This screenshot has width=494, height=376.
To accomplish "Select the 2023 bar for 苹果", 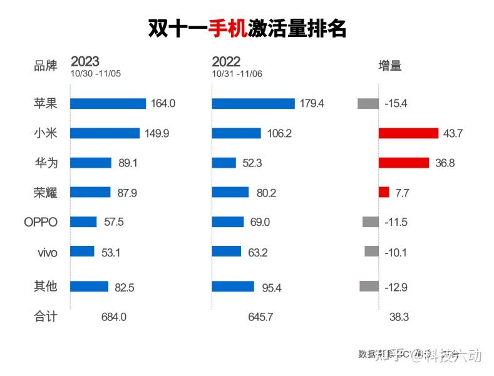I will (x=108, y=104).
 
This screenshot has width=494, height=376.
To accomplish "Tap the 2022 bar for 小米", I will (x=236, y=133).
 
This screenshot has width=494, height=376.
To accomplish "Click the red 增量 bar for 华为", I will (x=405, y=163).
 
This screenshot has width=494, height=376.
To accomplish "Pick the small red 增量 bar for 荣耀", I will (x=384, y=192).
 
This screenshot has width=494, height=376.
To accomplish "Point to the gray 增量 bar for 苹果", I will (x=368, y=104).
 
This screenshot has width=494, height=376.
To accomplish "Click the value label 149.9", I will (x=157, y=133).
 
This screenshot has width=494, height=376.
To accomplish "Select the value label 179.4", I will (x=312, y=104).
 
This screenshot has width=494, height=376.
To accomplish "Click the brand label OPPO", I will (x=41, y=222).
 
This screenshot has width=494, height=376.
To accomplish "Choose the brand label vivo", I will (x=47, y=252).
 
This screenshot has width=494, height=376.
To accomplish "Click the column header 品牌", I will (x=45, y=66).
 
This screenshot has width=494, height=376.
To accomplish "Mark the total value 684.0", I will (x=114, y=317).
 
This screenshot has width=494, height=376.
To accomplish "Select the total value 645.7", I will (x=260, y=317).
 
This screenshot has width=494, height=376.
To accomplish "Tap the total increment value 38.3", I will (x=398, y=317).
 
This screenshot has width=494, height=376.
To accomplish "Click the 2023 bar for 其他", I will (x=90, y=287).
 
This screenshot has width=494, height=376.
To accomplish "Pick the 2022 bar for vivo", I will (x=226, y=252).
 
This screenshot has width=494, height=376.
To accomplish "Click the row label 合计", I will (x=45, y=317).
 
